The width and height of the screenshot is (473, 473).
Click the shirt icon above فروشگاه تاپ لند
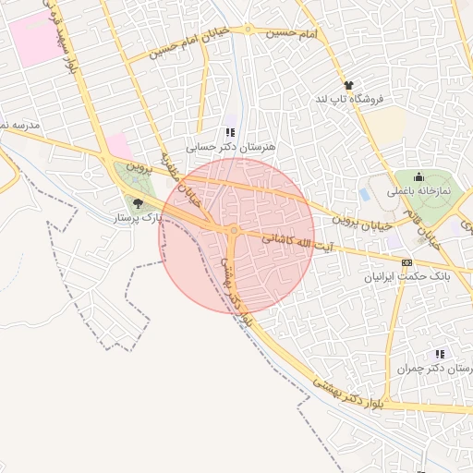(348, 85)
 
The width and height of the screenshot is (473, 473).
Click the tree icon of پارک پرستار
(138, 204)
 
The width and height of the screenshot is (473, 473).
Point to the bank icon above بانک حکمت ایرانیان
(407, 262)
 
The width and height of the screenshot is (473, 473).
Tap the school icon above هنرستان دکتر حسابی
(231, 132)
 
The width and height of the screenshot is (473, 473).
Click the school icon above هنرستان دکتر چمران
(440, 354)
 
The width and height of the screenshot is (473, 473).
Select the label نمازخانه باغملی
(419, 190)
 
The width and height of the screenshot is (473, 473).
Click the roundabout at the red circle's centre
(235, 230)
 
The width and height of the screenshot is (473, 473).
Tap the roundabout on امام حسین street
(249, 30)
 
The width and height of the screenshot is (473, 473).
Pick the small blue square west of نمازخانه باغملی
(364, 195)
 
